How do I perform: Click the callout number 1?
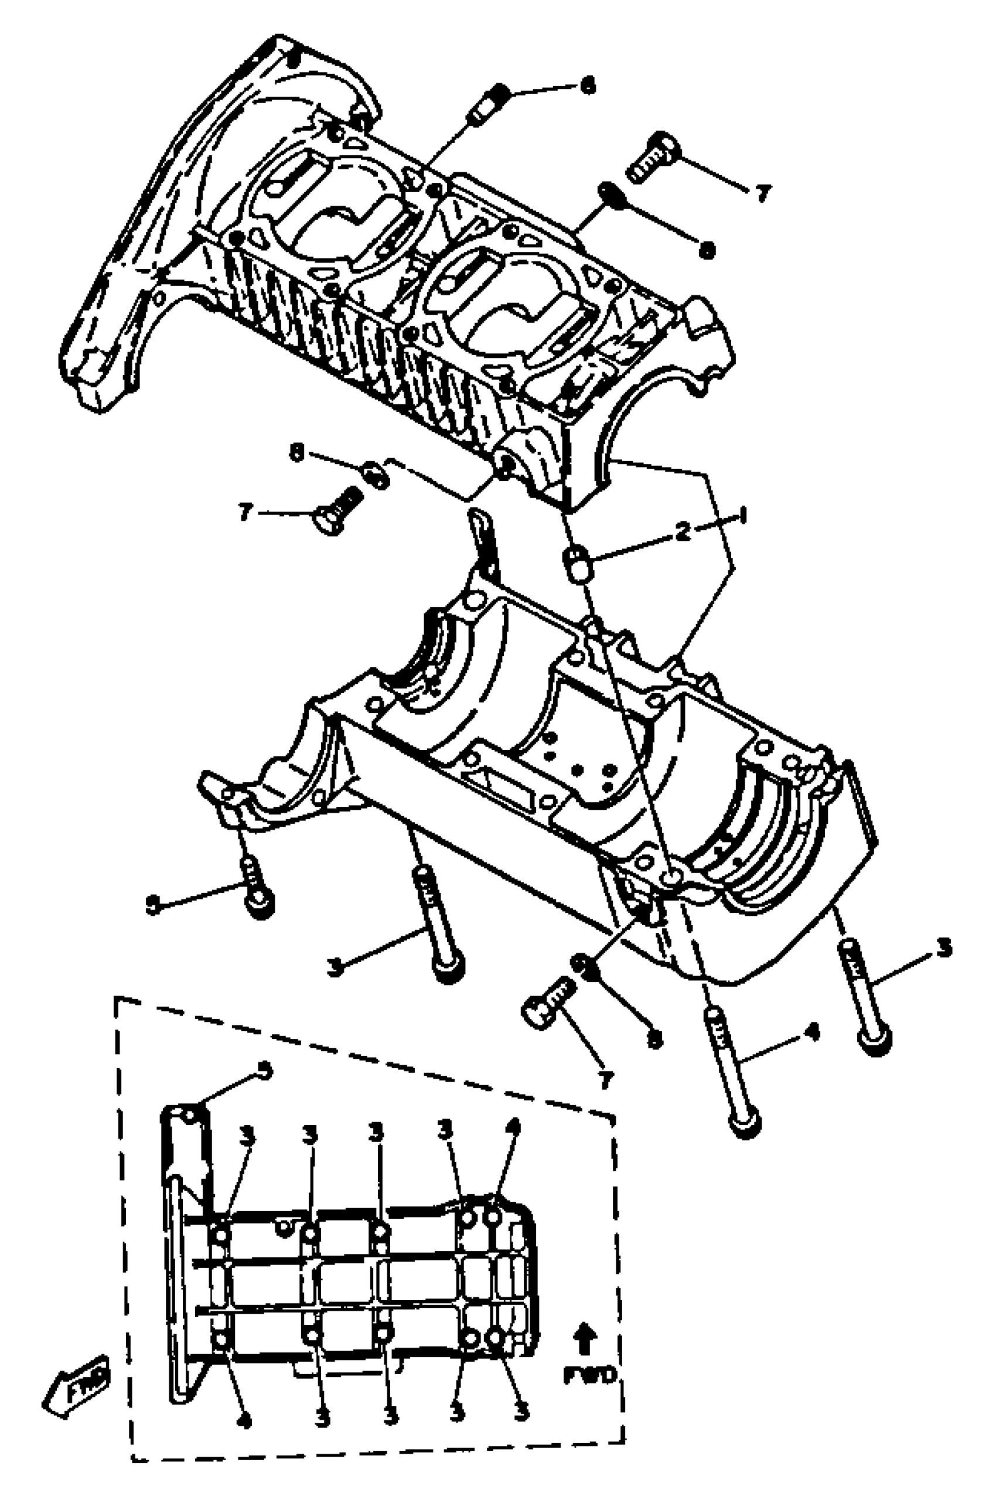tap(742, 515)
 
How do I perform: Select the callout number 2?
tap(683, 533)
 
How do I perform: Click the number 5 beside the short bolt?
tap(152, 905)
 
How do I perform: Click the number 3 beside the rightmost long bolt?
tap(944, 949)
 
